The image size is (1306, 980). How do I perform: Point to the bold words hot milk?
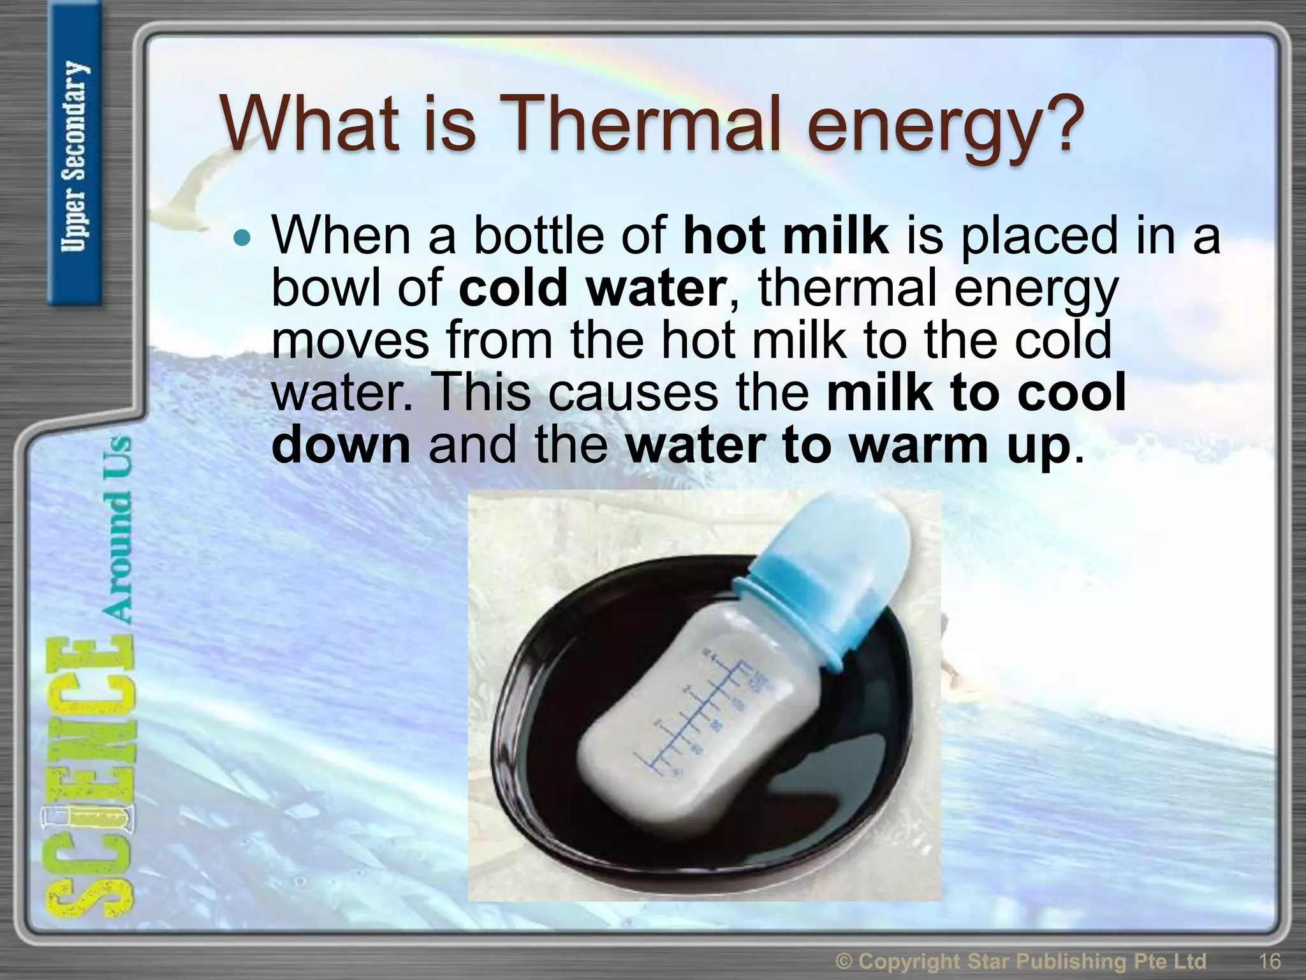pyautogui.click(x=786, y=236)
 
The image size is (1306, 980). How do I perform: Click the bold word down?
pyautogui.click(x=341, y=445)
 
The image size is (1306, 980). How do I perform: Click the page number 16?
pyautogui.click(x=1269, y=961)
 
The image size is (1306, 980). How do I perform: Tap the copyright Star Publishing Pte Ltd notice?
pyautogui.click(x=1020, y=961)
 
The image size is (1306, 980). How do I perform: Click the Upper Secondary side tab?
pyautogui.click(x=75, y=156)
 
